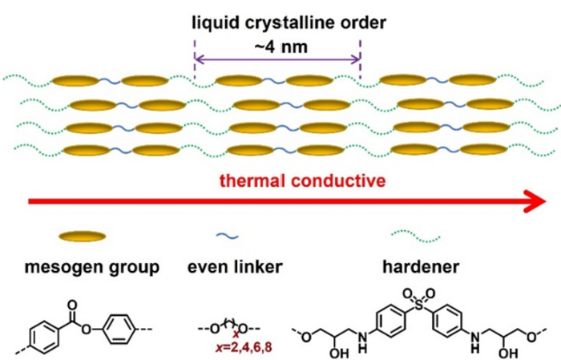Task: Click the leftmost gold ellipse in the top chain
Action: pos(76,81)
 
